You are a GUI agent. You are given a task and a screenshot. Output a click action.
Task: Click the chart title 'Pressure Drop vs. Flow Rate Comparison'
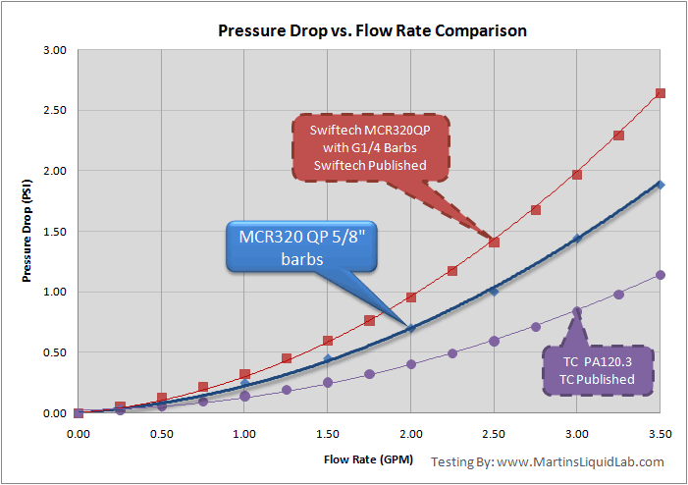tap(372, 30)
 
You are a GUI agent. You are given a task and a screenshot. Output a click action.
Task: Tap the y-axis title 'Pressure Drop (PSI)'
tap(30, 232)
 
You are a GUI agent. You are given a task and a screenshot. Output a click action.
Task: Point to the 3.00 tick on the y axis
tap(54, 50)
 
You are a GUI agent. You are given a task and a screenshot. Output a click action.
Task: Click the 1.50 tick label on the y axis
tap(54, 232)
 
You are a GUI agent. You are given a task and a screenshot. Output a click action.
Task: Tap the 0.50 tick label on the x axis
tap(161, 432)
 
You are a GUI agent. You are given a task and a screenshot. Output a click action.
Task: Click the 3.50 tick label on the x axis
tap(661, 432)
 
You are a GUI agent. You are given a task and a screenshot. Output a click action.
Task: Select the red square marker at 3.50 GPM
tap(661, 93)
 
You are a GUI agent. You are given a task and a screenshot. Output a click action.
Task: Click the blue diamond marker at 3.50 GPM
tap(661, 185)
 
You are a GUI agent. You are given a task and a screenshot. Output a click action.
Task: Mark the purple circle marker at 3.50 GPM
tap(661, 275)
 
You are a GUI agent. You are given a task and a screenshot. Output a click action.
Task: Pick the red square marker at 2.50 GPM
tap(494, 242)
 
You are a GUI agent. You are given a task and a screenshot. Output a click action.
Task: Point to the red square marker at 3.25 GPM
tap(618, 135)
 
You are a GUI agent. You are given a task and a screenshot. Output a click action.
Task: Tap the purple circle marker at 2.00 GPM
tap(411, 364)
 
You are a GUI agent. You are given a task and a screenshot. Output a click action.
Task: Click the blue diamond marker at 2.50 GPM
tap(494, 291)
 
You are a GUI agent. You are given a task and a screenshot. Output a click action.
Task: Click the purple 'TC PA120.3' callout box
tap(599, 370)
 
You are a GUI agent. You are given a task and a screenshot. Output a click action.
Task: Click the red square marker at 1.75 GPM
tap(369, 320)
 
